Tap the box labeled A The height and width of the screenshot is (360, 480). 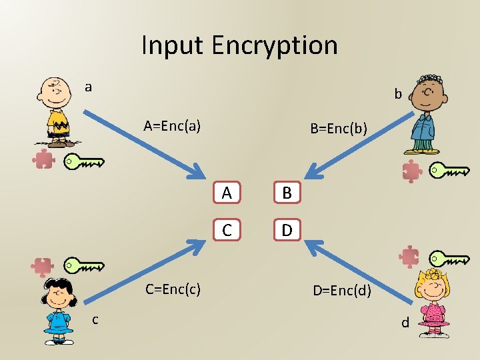[227, 193]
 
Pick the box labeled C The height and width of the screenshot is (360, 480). [227, 230]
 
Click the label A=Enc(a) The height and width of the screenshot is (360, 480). [173, 125]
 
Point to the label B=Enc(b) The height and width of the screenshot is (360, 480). [339, 127]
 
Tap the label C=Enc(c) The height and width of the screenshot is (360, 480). [173, 289]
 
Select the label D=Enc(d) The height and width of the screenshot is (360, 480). [343, 291]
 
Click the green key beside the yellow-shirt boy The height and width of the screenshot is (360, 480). [84, 161]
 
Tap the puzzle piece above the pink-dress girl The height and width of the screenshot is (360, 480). [409, 257]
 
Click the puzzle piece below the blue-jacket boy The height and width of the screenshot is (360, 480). [412, 171]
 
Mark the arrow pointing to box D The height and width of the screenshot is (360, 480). [353, 269]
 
